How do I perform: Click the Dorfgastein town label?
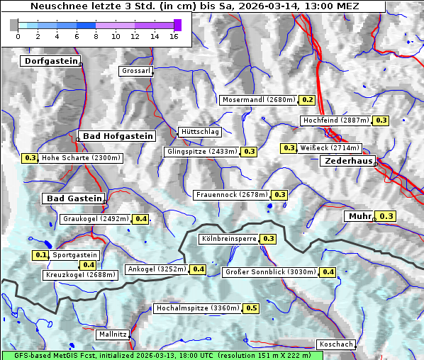coord(50,62)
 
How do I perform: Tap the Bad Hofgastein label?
coord(117,136)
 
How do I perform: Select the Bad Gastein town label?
coord(74,198)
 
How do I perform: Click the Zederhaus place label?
coord(348,162)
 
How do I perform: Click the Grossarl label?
coord(135,71)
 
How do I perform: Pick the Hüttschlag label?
coord(200,132)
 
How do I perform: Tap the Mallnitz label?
coord(113,334)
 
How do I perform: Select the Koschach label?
coord(335,344)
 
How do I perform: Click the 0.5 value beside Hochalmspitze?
coord(252,308)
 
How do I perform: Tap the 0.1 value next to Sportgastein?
coord(41,255)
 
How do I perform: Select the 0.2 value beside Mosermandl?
coord(308,100)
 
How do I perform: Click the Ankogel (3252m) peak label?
coord(156,269)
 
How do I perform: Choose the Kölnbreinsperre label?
coord(228,239)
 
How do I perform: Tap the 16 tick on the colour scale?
coord(174,35)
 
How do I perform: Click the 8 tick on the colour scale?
coord(96,35)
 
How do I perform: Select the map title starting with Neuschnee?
coord(194,6)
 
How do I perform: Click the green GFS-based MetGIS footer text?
coord(156,355)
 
